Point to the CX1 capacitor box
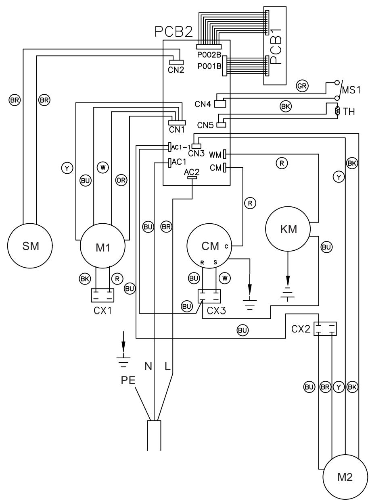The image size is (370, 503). [x=102, y=295]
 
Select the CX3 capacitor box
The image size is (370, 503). [x=209, y=297]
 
